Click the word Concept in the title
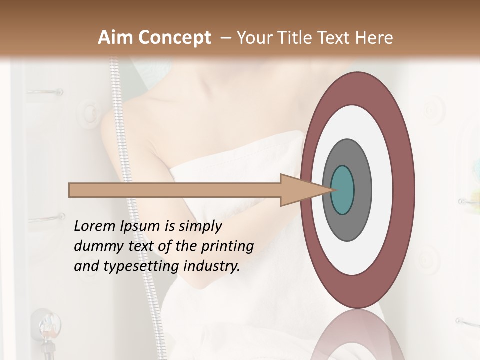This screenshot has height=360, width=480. pyautogui.click(x=174, y=37)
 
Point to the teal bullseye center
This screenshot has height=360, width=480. pyautogui.click(x=343, y=190)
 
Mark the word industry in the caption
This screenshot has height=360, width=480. pyautogui.click(x=212, y=267)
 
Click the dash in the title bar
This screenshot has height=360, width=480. pyautogui.click(x=225, y=37)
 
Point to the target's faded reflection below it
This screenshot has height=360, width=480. pyautogui.click(x=358, y=335)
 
